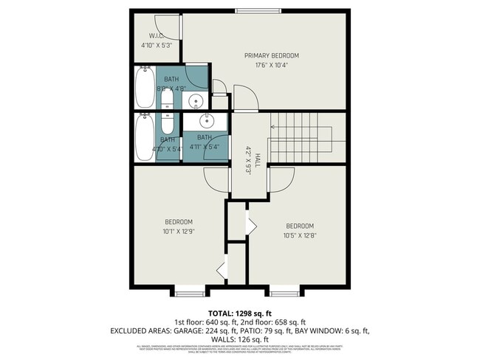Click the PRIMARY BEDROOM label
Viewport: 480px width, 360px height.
click(272, 56)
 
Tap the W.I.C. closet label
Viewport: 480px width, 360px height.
click(156, 35)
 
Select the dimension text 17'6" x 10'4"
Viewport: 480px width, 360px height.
click(272, 66)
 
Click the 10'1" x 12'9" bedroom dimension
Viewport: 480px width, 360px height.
click(178, 232)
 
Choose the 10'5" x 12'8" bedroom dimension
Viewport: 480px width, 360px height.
click(300, 235)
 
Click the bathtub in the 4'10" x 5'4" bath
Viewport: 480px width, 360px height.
click(143, 136)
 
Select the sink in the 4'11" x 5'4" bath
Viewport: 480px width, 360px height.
click(207, 120)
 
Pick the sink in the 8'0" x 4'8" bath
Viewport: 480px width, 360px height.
click(197, 101)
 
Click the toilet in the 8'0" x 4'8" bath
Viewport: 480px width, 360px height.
click(167, 104)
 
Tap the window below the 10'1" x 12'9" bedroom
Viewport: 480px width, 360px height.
click(188, 294)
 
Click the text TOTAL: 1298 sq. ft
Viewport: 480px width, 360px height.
click(240, 314)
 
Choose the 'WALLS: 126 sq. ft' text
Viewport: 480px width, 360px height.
click(240, 339)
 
